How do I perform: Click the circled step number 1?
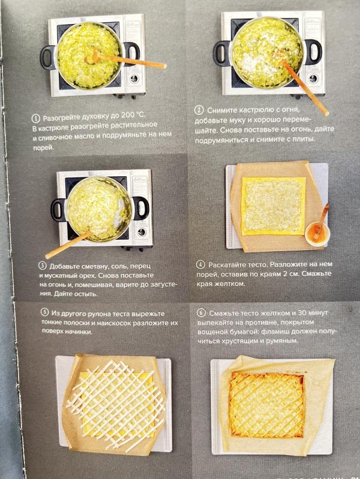pos(36,118)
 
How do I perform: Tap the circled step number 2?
pos(199,110)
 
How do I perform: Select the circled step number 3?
pos(43,266)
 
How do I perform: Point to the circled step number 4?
pos(200,264)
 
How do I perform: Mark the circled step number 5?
pos(44,312)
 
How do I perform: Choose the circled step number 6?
pos(201,313)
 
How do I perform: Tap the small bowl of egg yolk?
pos(317,234)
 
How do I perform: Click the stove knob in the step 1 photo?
pos(134,79)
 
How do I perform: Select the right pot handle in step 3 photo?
pos(140,209)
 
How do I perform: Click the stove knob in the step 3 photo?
pos(142,232)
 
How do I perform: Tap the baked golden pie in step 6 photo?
pos(266,405)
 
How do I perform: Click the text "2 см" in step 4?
pos(290,274)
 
